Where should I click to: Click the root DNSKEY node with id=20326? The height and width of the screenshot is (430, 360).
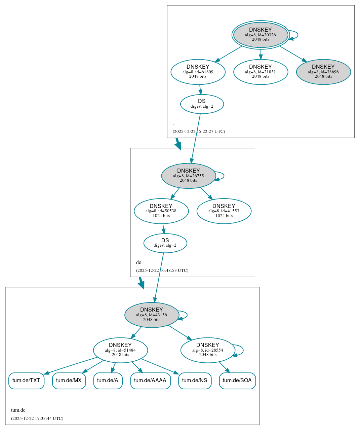click(x=261, y=35)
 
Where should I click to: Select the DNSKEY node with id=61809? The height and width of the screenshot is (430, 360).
click(x=198, y=72)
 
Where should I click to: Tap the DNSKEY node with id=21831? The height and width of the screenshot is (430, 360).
click(x=261, y=72)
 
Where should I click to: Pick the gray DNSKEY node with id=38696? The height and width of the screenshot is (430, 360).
click(x=323, y=72)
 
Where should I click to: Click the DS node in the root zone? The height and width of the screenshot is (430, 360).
click(x=202, y=104)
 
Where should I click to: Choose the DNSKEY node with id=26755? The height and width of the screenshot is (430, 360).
click(x=189, y=176)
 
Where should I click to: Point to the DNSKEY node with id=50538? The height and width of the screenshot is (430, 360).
click(x=161, y=211)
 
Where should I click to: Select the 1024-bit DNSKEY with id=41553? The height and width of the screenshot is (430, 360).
click(x=224, y=211)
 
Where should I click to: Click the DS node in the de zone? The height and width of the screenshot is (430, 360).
click(x=165, y=243)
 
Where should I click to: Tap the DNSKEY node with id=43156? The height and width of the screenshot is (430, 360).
click(x=152, y=315)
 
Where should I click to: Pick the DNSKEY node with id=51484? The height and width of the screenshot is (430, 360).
click(x=120, y=350)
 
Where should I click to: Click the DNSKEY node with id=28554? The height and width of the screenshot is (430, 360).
click(x=208, y=350)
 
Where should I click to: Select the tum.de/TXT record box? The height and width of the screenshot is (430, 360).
click(x=26, y=381)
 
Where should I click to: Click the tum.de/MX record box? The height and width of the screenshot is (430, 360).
click(x=69, y=381)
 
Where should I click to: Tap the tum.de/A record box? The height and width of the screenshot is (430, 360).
click(x=108, y=381)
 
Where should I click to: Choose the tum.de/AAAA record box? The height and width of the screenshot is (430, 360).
click(x=150, y=381)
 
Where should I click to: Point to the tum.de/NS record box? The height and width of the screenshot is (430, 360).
click(x=195, y=381)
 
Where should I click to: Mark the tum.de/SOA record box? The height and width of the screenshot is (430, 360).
click(x=237, y=381)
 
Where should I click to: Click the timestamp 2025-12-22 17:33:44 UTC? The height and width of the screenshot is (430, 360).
click(x=37, y=419)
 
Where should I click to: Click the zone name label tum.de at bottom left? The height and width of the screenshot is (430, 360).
click(x=18, y=410)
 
